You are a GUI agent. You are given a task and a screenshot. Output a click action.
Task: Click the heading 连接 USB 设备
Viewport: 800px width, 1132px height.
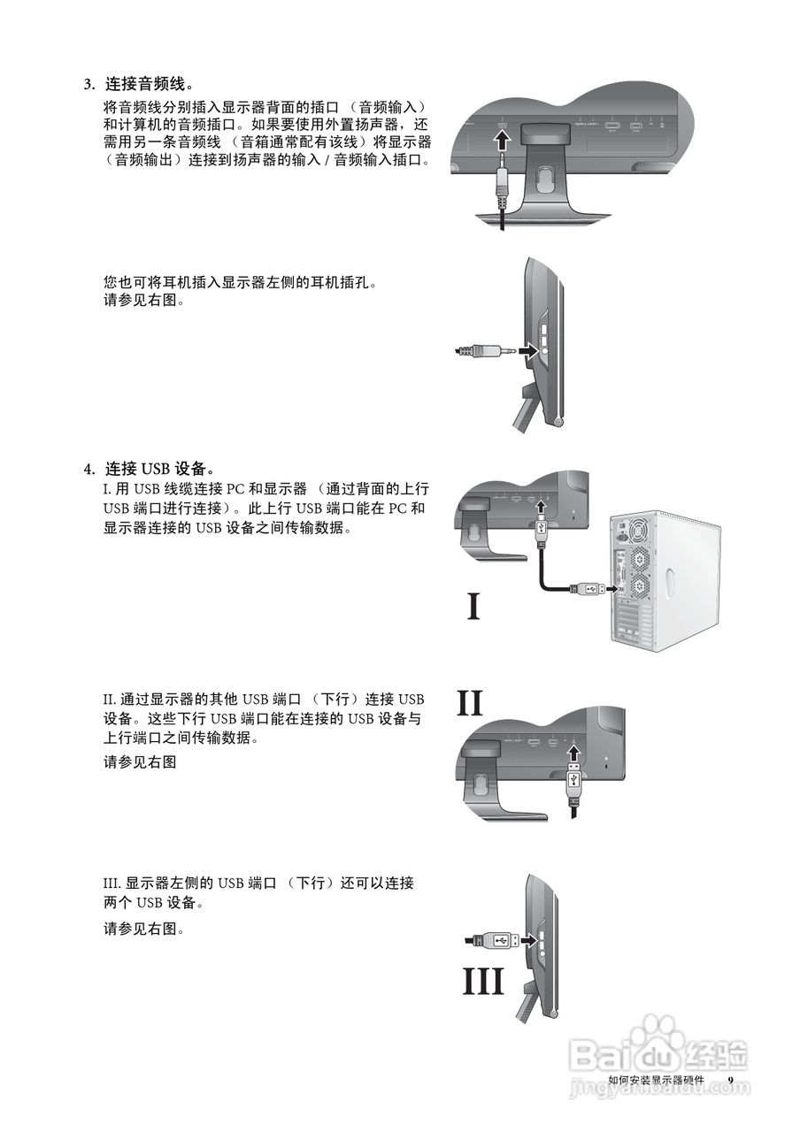coord(159,468)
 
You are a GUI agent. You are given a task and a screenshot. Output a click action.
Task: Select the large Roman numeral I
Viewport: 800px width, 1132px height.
coord(473,607)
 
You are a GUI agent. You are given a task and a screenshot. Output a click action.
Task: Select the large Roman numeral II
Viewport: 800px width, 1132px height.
coord(482,704)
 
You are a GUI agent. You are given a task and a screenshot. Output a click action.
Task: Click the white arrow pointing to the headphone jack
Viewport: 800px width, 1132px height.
coord(527,351)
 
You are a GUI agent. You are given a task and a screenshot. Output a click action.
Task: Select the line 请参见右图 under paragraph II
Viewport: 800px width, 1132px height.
coord(140,761)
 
